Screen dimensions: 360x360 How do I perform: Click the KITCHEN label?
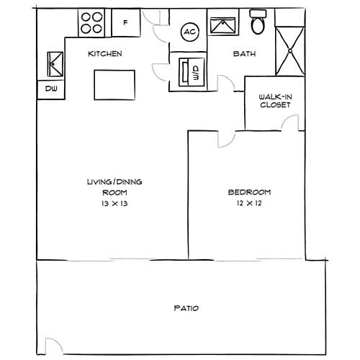pos(105,54)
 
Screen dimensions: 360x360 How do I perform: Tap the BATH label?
pos(242,54)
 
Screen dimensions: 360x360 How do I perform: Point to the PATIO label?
pos(186,308)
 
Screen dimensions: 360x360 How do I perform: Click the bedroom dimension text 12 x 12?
pos(249,204)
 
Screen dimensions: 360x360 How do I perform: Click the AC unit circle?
pos(190,32)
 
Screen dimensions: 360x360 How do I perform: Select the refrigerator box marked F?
pos(125,22)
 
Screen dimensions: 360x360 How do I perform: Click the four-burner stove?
pos(91,22)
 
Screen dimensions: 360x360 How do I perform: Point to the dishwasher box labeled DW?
pos(50,89)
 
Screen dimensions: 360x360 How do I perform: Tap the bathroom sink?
pos(223,22)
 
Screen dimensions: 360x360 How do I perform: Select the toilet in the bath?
pos(258,22)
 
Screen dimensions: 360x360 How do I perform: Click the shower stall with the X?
pos(289,50)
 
